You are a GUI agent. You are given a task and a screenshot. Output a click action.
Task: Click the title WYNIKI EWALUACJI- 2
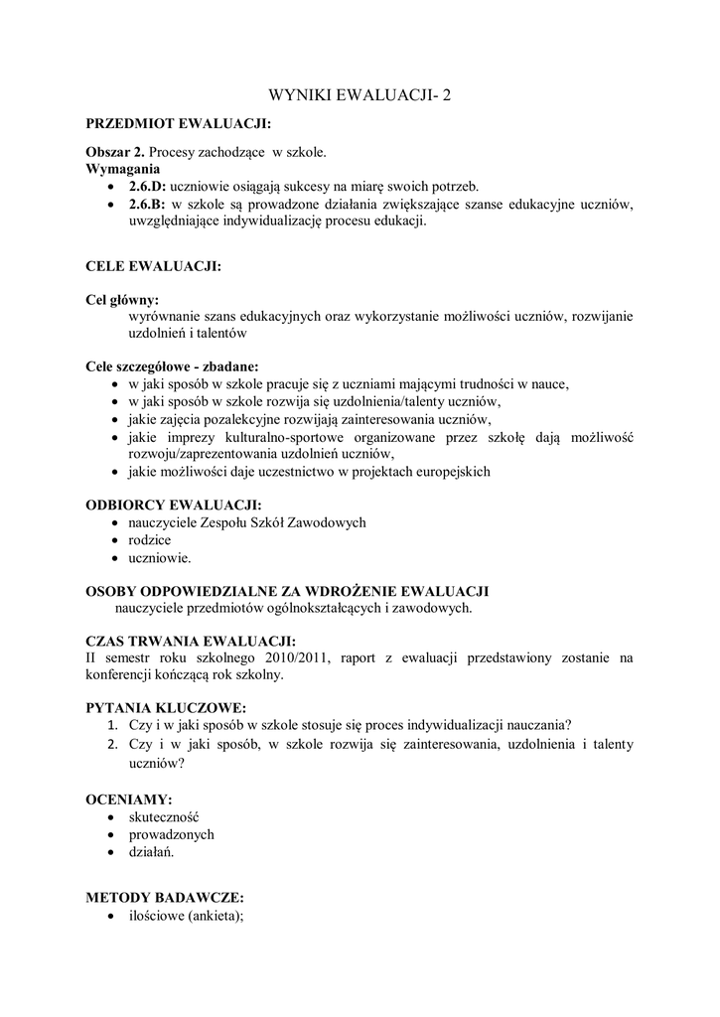pyautogui.click(x=360, y=96)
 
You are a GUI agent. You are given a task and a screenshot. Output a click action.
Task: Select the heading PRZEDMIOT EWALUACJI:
pyautogui.click(x=178, y=125)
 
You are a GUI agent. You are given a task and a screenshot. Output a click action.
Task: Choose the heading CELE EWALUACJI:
pyautogui.click(x=153, y=267)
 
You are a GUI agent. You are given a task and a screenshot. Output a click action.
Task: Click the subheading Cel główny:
pyautogui.click(x=122, y=299)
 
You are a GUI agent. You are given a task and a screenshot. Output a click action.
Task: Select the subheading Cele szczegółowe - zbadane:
pyautogui.click(x=172, y=365)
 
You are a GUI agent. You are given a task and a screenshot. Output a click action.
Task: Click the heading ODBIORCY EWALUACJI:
pyautogui.click(x=174, y=505)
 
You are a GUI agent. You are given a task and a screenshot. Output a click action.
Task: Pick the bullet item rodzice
pyautogui.click(x=150, y=540)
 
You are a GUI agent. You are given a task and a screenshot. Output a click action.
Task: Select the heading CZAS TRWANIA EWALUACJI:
pyautogui.click(x=191, y=640)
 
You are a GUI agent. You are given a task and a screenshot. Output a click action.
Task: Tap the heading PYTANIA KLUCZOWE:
pyautogui.click(x=166, y=708)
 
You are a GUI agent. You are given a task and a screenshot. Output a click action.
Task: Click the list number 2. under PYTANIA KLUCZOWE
pyautogui.click(x=114, y=744)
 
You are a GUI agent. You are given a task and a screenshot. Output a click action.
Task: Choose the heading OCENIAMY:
pyautogui.click(x=129, y=799)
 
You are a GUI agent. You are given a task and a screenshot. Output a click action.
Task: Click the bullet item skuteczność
pyautogui.click(x=164, y=816)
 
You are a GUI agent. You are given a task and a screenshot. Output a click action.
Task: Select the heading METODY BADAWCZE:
pyautogui.click(x=165, y=897)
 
